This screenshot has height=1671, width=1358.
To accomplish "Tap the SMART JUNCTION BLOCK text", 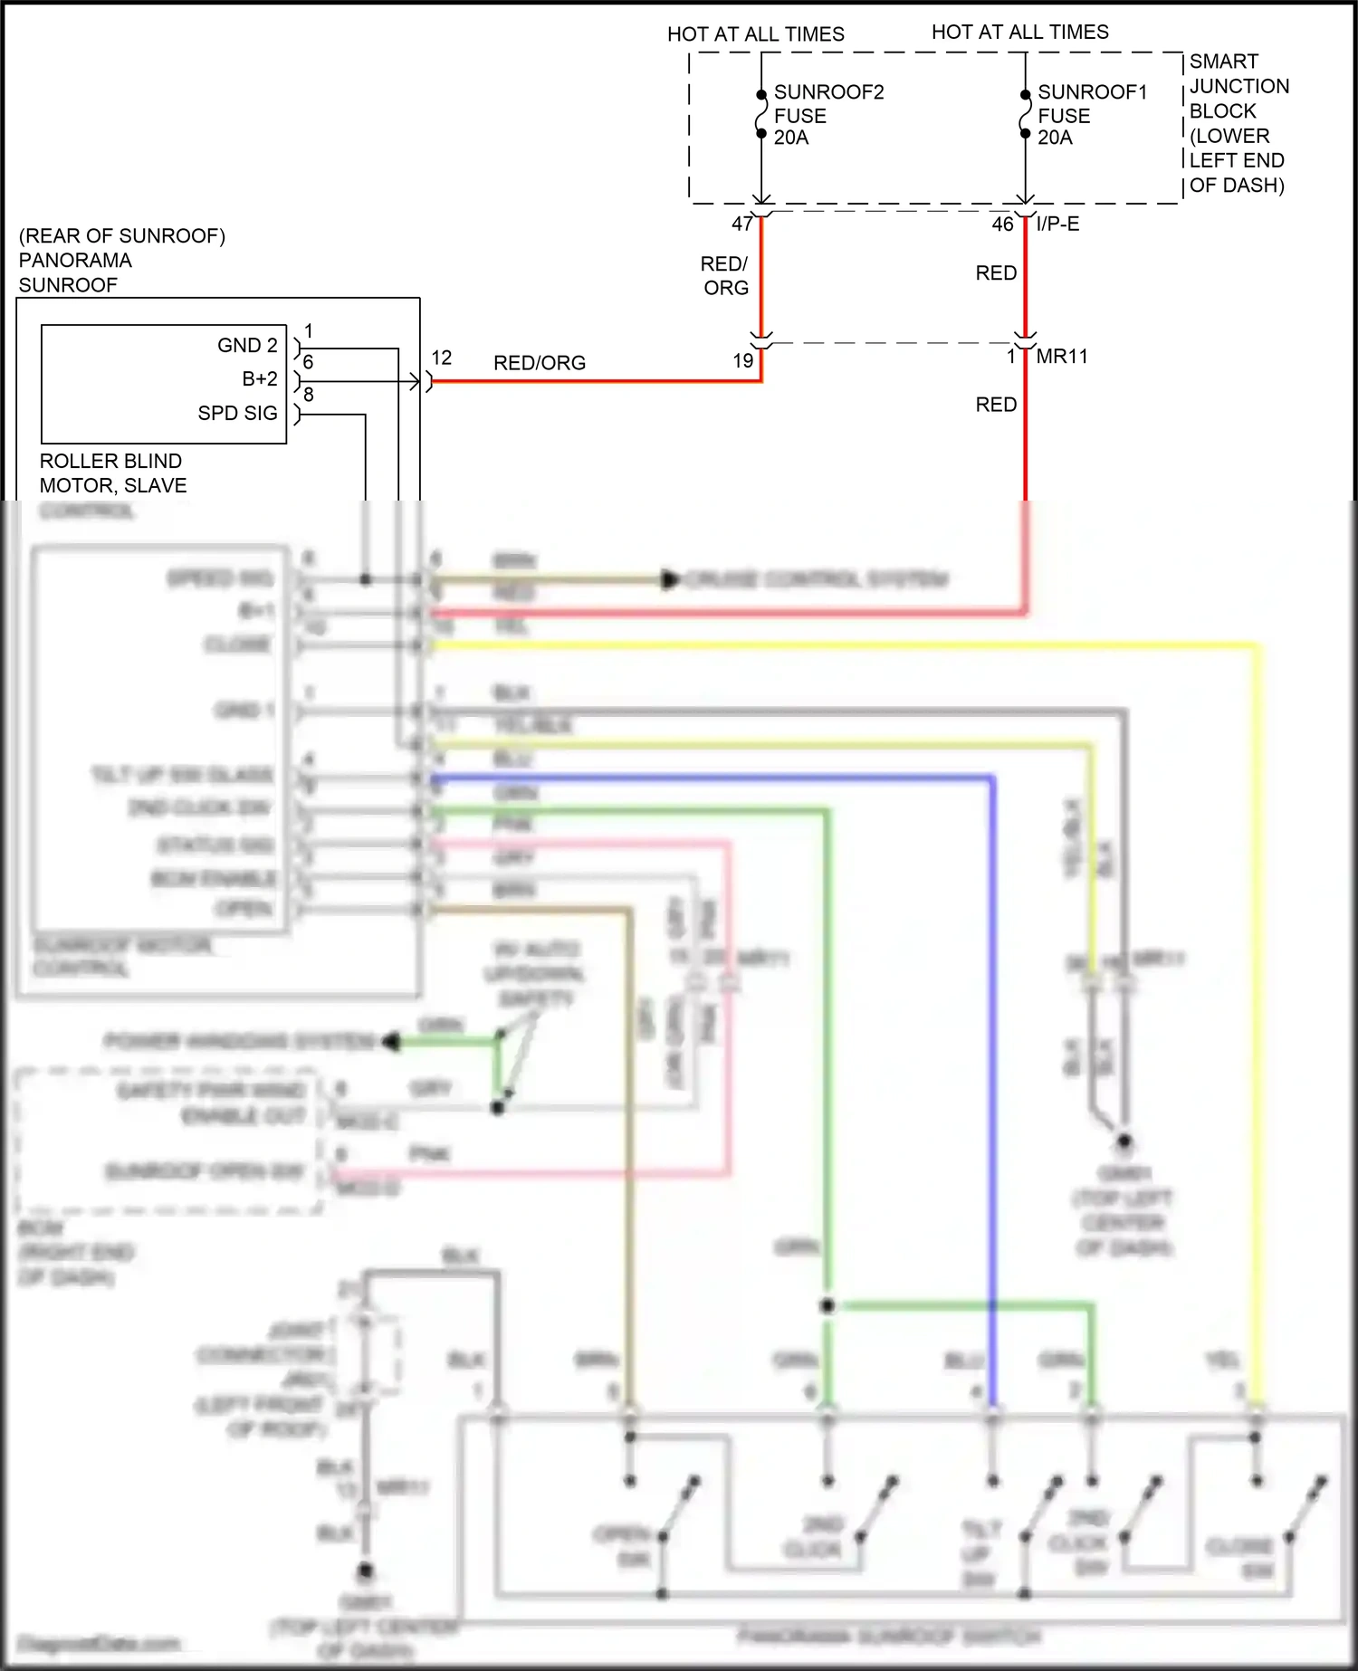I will (x=1238, y=123).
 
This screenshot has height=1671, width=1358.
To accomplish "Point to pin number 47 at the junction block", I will (x=741, y=224).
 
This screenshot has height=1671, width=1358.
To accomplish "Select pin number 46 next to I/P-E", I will (x=1002, y=224).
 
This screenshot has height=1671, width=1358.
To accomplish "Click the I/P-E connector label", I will (x=1057, y=224).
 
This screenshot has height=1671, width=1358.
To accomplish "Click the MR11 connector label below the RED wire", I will (x=1061, y=357).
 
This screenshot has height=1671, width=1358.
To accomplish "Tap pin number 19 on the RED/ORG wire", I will (x=742, y=361).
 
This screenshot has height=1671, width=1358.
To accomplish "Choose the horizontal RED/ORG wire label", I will (x=540, y=363).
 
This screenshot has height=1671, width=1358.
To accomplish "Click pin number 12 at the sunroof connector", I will (x=441, y=358).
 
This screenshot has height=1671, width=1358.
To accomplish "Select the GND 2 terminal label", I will (x=247, y=346).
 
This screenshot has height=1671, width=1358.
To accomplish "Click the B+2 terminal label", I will (x=259, y=379).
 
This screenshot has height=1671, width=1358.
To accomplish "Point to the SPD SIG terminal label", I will (x=237, y=414).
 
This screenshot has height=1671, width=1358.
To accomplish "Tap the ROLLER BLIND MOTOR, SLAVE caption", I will (x=112, y=473).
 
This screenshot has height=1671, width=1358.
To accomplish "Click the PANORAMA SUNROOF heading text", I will (x=75, y=272).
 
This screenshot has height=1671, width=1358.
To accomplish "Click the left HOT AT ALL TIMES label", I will (x=755, y=34).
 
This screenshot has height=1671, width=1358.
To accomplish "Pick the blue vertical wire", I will (x=993, y=1086).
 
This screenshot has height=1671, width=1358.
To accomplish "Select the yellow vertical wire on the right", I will (x=1258, y=996).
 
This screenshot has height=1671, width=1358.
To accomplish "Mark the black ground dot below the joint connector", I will (x=365, y=1571).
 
